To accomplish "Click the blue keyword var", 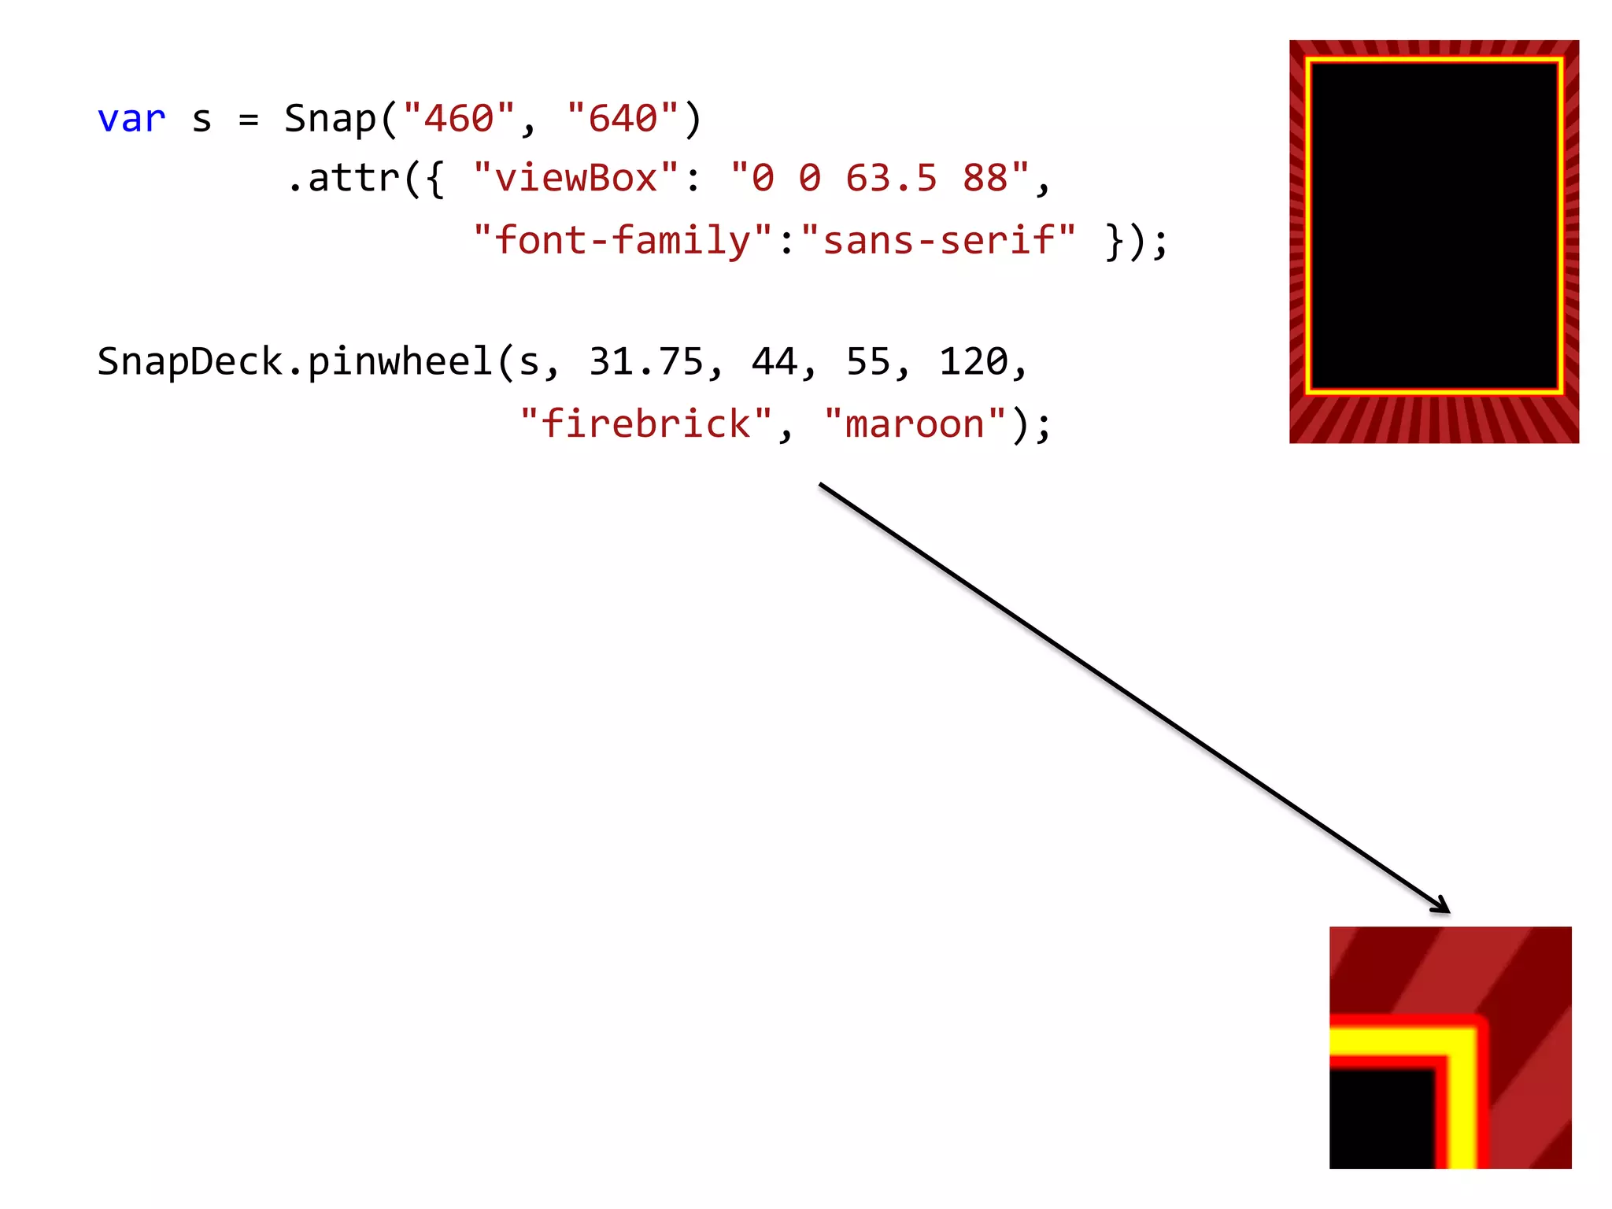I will pos(131,120).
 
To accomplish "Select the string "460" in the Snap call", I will pos(459,120).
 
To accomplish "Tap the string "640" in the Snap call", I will pos(623,120).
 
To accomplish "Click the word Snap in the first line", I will pos(330,120).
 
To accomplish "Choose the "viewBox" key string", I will pos(576,179).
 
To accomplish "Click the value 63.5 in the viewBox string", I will pos(891,179).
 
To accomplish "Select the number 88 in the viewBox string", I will pos(985,179).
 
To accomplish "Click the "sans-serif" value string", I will pos(938,241).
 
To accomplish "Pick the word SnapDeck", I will pos(190,362).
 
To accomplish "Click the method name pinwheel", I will pos(400,362).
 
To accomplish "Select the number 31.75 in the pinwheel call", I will pos(645,362).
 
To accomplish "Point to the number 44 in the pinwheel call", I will pos(775,362).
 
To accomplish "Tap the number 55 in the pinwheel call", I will pos(868,362).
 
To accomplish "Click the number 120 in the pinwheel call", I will pos(974,362).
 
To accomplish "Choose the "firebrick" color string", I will pos(646,425).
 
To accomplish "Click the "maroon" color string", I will pos(915,425).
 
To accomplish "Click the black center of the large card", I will pos(1433,227).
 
